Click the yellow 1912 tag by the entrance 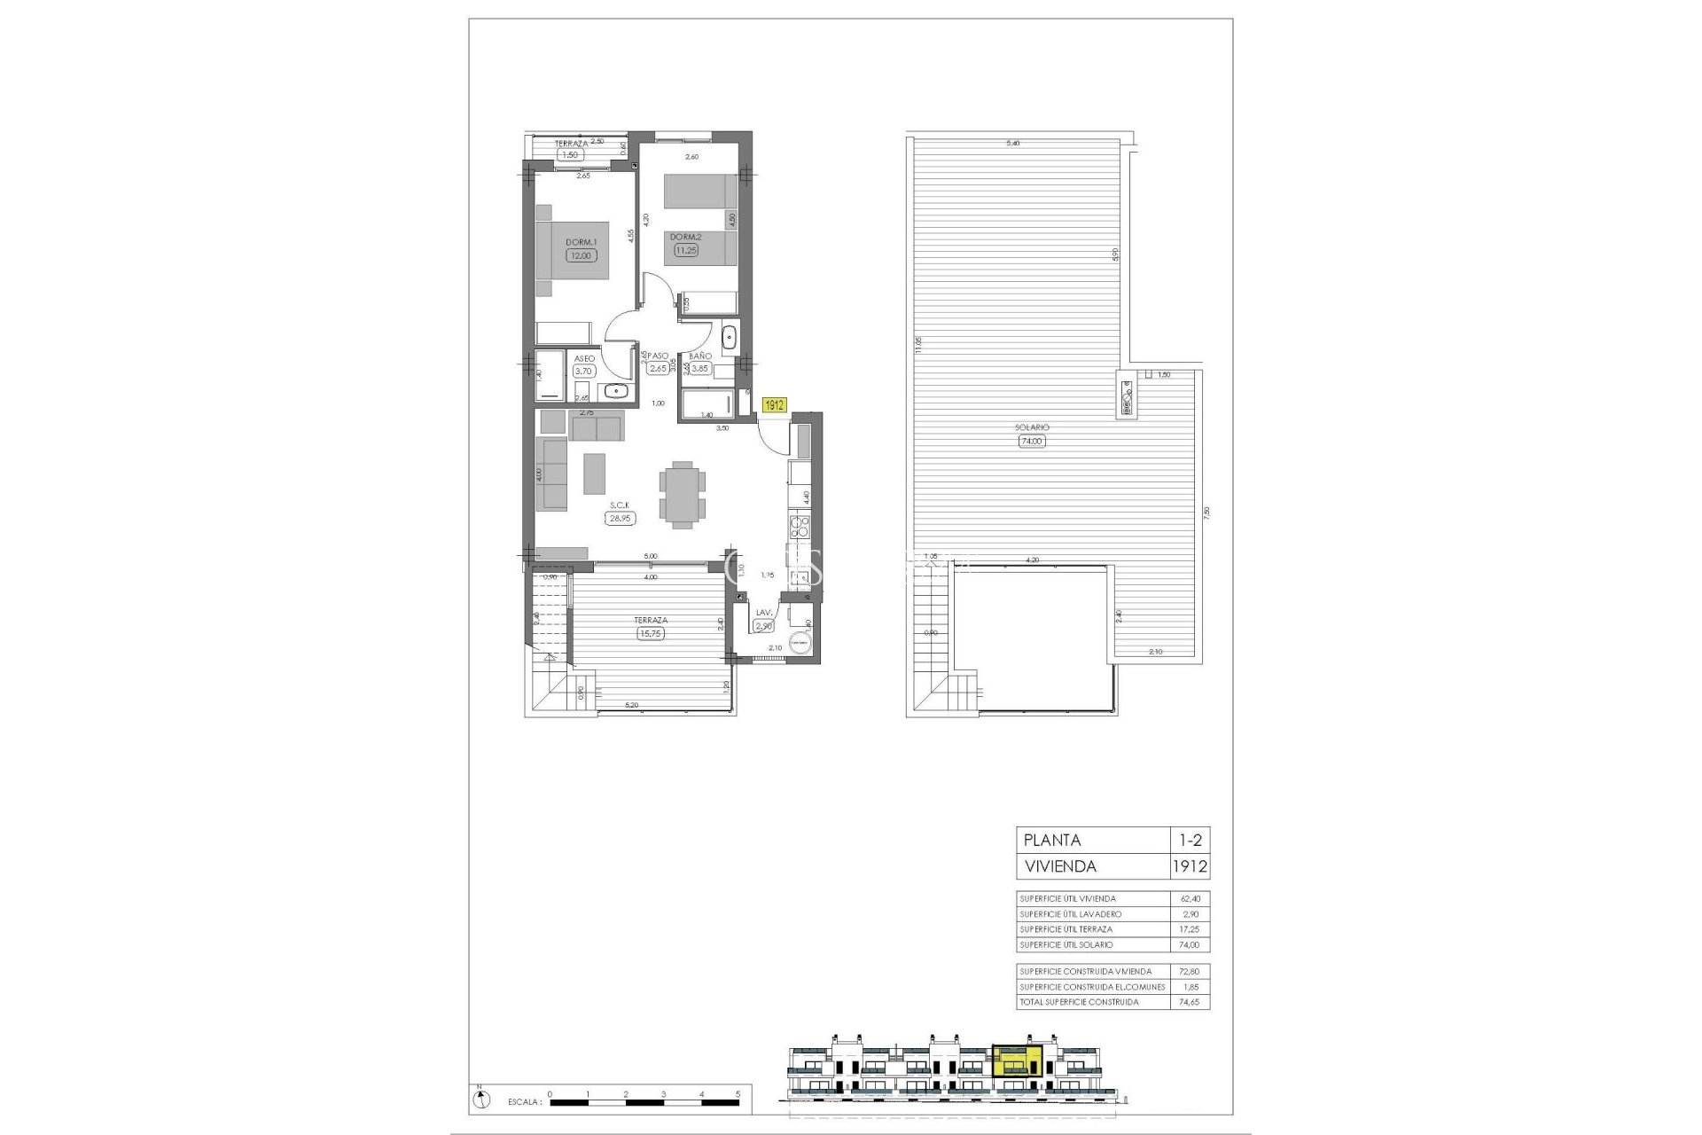pyautogui.click(x=775, y=405)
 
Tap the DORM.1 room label pyautogui.click(x=582, y=241)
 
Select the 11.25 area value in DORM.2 pyautogui.click(x=685, y=251)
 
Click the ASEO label pyautogui.click(x=584, y=358)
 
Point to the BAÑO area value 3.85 pyautogui.click(x=699, y=369)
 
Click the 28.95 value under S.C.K pyautogui.click(x=620, y=519)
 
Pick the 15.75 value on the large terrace pyautogui.click(x=651, y=633)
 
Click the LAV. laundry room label pyautogui.click(x=764, y=613)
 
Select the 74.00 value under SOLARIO pyautogui.click(x=1032, y=441)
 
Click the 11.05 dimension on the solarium pyautogui.click(x=919, y=344)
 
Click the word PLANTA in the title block pyautogui.click(x=1052, y=840)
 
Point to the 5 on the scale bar pyautogui.click(x=738, y=1093)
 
